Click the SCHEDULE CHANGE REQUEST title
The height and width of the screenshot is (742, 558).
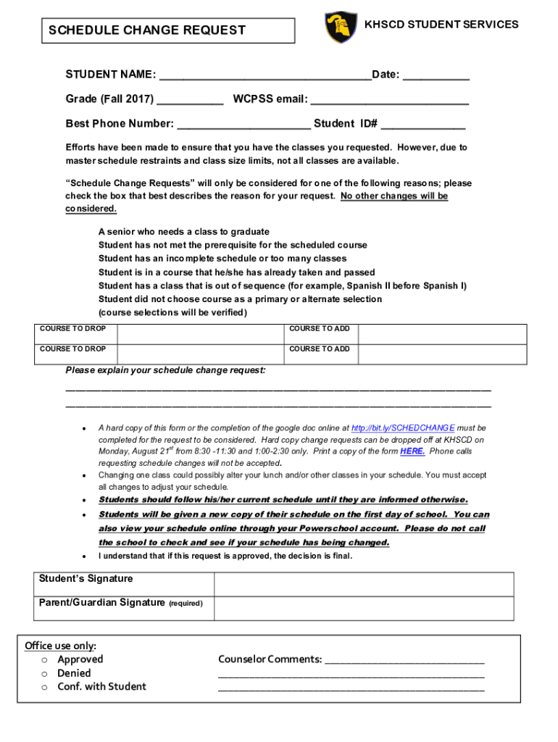pyautogui.click(x=147, y=30)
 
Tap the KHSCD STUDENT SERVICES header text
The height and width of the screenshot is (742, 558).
pyautogui.click(x=441, y=25)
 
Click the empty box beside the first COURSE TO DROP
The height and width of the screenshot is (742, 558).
pyautogui.click(x=199, y=333)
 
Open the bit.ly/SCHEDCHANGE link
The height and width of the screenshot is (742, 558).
pyautogui.click(x=403, y=428)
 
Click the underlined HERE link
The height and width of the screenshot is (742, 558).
pyautogui.click(x=412, y=451)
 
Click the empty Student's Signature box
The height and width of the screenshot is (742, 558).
pyautogui.click(x=363, y=584)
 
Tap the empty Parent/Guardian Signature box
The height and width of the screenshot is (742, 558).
pyautogui.click(x=363, y=609)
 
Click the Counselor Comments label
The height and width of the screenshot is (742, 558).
pyautogui.click(x=270, y=659)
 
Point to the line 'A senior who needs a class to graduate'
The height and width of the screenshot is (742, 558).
pyautogui.click(x=183, y=232)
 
